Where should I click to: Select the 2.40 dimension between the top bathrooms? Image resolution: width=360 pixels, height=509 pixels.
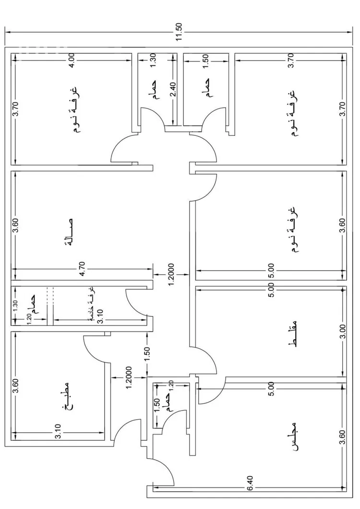[173, 90]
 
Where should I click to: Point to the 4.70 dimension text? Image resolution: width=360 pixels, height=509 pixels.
[83, 269]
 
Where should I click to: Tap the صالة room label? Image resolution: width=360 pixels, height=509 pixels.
[72, 232]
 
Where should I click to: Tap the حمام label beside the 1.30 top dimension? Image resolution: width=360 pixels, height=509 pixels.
[156, 90]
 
